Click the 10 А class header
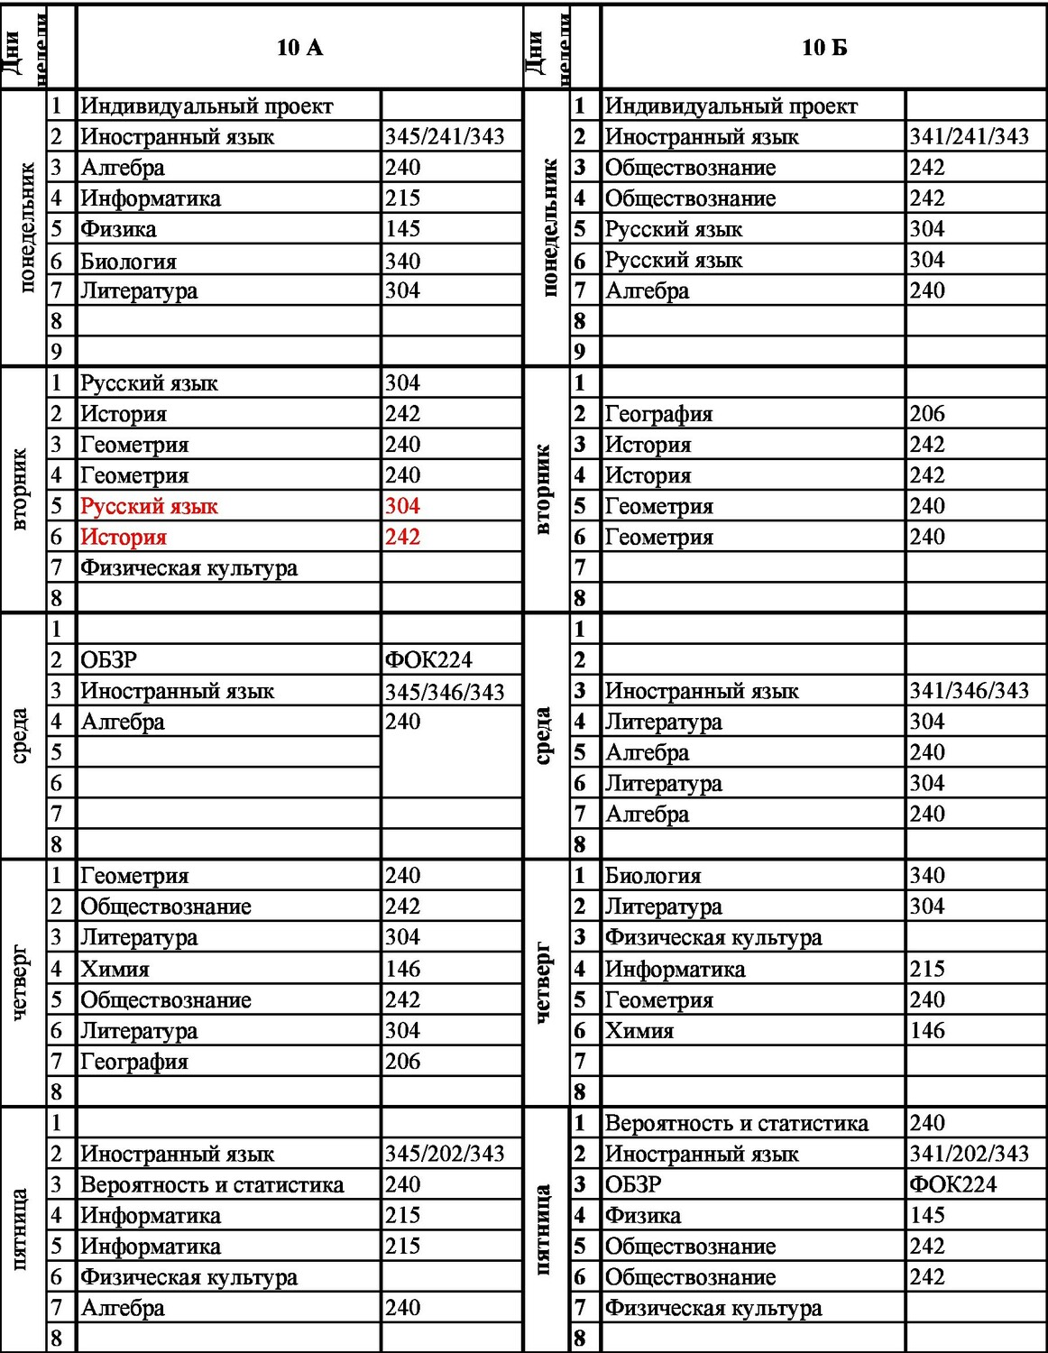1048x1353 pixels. pyautogui.click(x=299, y=48)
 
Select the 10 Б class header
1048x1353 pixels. pyautogui.click(x=824, y=48)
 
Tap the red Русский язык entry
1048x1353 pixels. pyautogui.click(x=150, y=507)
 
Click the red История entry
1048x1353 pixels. pyautogui.click(x=124, y=538)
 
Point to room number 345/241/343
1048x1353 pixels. pyautogui.click(x=445, y=137)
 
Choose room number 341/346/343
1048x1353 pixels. pyautogui.click(x=969, y=691)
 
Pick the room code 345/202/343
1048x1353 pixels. pyautogui.click(x=445, y=1154)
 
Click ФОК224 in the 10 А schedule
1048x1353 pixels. pyautogui.click(x=428, y=660)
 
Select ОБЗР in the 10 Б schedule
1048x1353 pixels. pyautogui.click(x=633, y=1184)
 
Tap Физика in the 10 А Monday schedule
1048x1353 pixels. pyautogui.click(x=118, y=229)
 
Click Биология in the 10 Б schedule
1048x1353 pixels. pyautogui.click(x=653, y=876)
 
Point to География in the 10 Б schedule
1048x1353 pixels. pyautogui.click(x=658, y=414)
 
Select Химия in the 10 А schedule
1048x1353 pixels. pyautogui.click(x=115, y=969)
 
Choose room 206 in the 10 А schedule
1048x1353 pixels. pyautogui.click(x=402, y=1062)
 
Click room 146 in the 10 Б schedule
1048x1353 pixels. pyautogui.click(x=927, y=1030)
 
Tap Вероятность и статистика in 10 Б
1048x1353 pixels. pyautogui.click(x=736, y=1123)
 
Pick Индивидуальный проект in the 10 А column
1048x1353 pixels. pyautogui.click(x=207, y=106)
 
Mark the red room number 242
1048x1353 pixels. pyautogui.click(x=402, y=538)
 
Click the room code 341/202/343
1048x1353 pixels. pyautogui.click(x=969, y=1154)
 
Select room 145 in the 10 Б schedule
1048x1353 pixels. pyautogui.click(x=927, y=1215)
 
